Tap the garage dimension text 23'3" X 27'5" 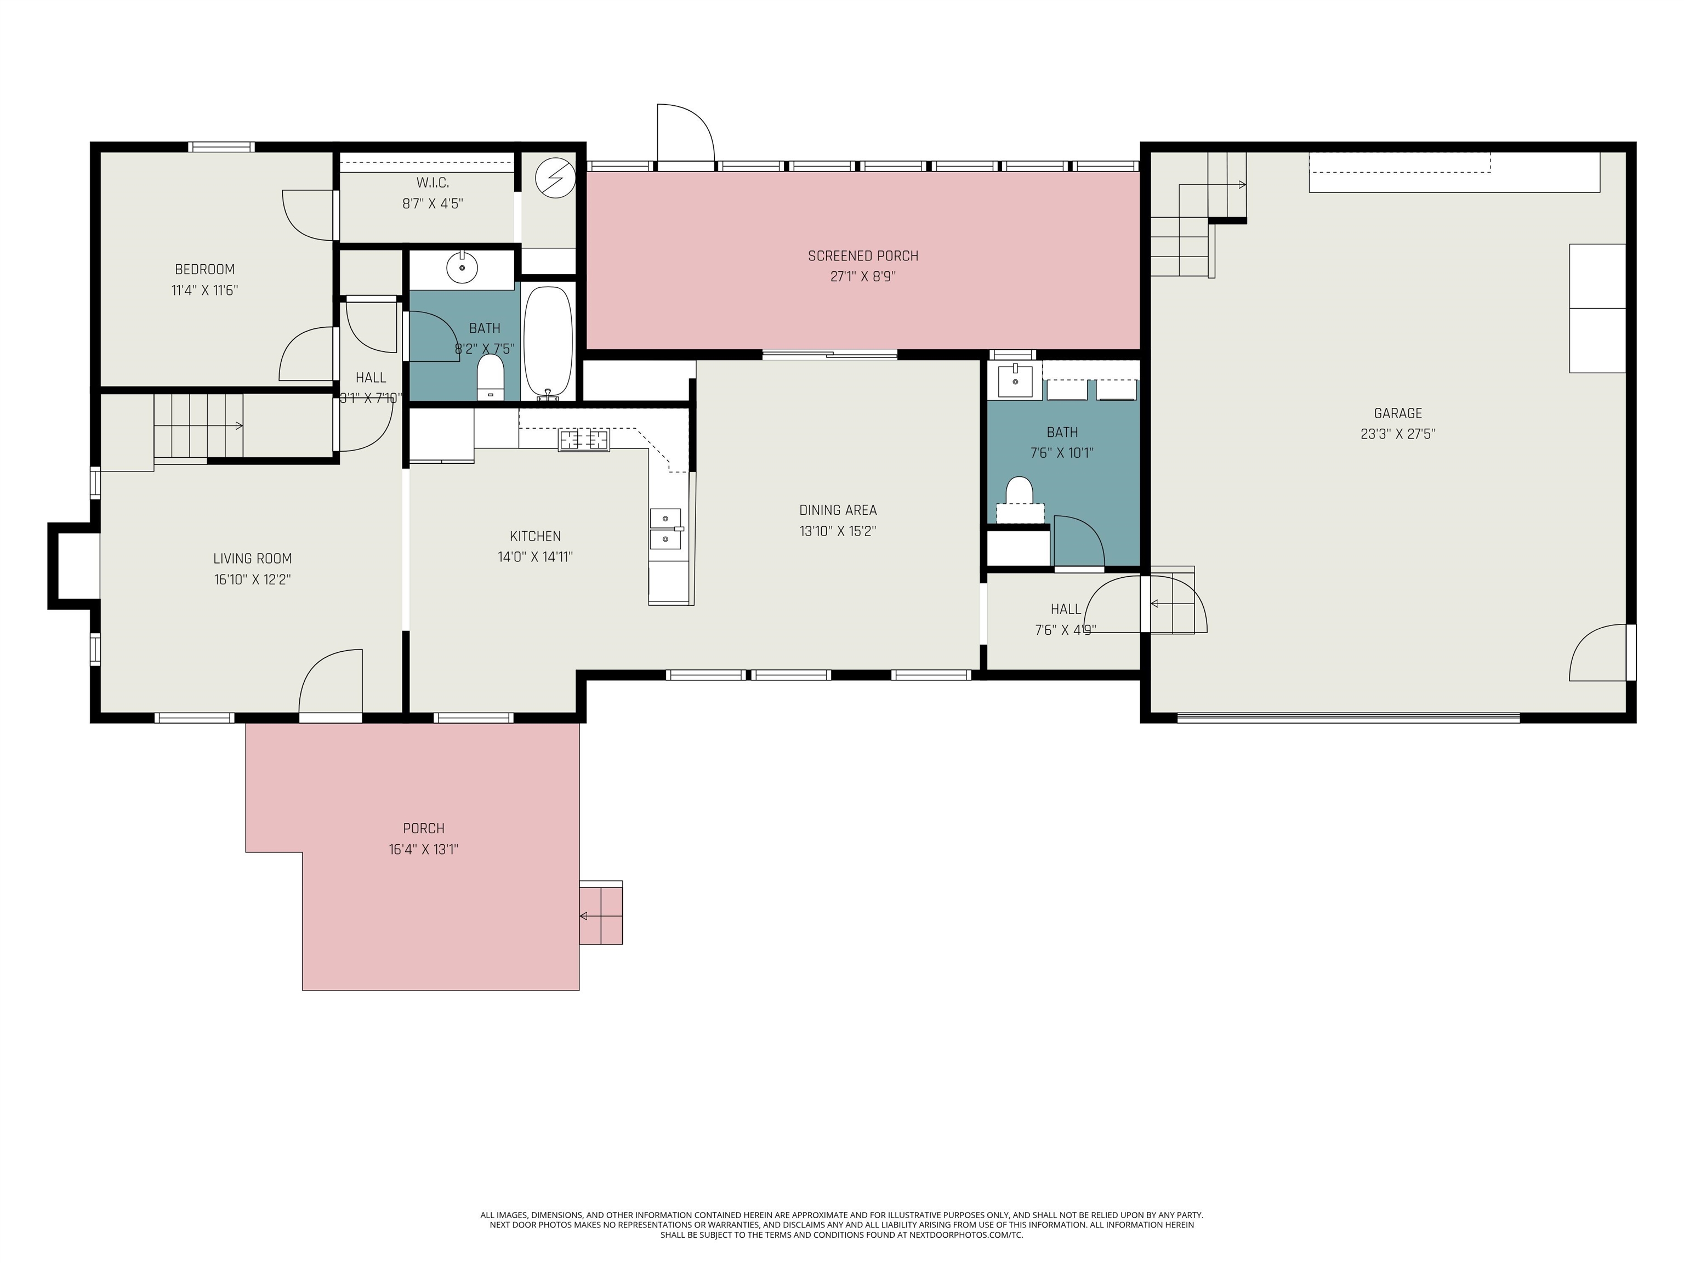coord(1398,434)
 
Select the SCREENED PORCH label coord(862,256)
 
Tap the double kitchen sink coord(665,528)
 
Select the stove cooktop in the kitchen coord(584,440)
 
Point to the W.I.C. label coord(433,183)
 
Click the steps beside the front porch coord(601,914)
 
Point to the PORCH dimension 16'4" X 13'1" coord(423,850)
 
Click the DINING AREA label coord(838,510)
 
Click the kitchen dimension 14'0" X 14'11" coord(535,556)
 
